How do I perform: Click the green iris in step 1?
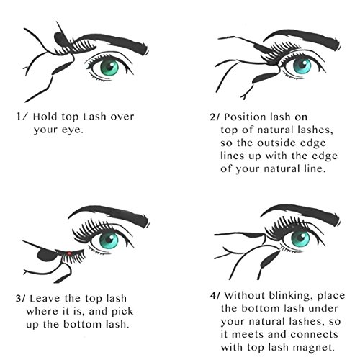coord(109,68)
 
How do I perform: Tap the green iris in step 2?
coord(302,66)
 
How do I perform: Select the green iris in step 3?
coord(109,240)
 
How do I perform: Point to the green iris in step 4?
coord(300,238)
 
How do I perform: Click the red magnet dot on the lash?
coord(69,253)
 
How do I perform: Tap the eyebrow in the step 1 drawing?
coord(113,42)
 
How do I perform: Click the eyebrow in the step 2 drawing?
coord(302,38)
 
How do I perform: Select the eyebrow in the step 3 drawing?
coord(109,215)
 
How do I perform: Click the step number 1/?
coord(22,117)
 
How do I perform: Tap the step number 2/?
coord(215,117)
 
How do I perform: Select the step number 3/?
coord(20,299)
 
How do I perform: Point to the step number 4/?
coord(215,295)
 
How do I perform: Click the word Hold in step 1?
coord(45,117)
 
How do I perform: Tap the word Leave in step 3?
coord(45,299)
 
